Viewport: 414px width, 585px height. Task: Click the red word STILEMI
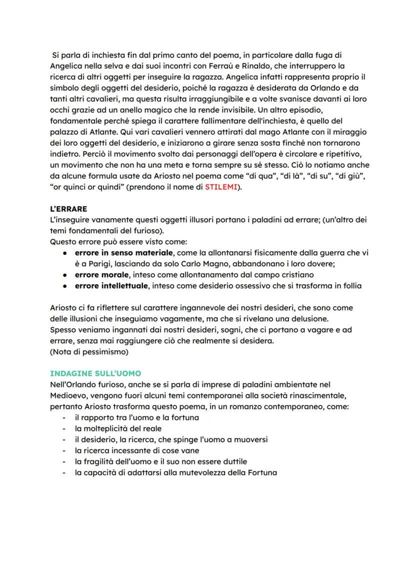tap(220, 187)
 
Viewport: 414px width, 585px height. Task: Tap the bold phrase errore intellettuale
tap(111, 286)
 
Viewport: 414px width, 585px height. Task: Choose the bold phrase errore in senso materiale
tap(124, 253)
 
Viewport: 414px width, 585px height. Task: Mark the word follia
tap(349, 286)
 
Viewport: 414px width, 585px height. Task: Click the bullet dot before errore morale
tap(65, 275)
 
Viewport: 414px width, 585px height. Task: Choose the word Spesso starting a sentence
tap(63, 330)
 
